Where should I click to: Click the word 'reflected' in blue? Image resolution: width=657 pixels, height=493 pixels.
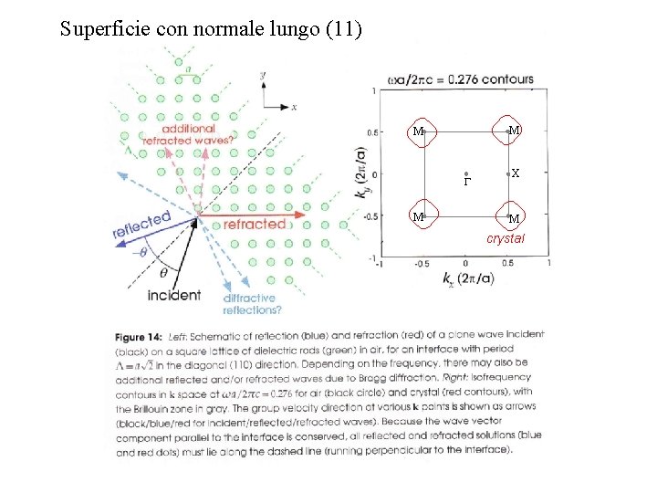click(141, 225)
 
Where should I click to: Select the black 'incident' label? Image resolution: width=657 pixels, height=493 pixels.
click(173, 295)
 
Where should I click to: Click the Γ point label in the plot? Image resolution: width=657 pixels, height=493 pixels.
click(465, 183)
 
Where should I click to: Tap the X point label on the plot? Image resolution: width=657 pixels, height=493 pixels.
click(516, 173)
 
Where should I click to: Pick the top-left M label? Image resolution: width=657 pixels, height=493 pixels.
click(417, 132)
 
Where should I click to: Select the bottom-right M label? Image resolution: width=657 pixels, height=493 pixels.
click(514, 219)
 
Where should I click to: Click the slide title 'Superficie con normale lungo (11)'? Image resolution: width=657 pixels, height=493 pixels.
click(211, 29)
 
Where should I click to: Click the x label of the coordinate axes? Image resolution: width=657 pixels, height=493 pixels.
click(294, 107)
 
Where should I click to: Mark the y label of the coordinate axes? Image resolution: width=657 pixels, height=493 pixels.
click(263, 75)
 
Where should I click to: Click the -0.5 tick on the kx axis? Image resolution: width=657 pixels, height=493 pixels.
click(422, 264)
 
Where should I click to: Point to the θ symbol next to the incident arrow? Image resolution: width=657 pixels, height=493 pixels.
click(163, 272)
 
